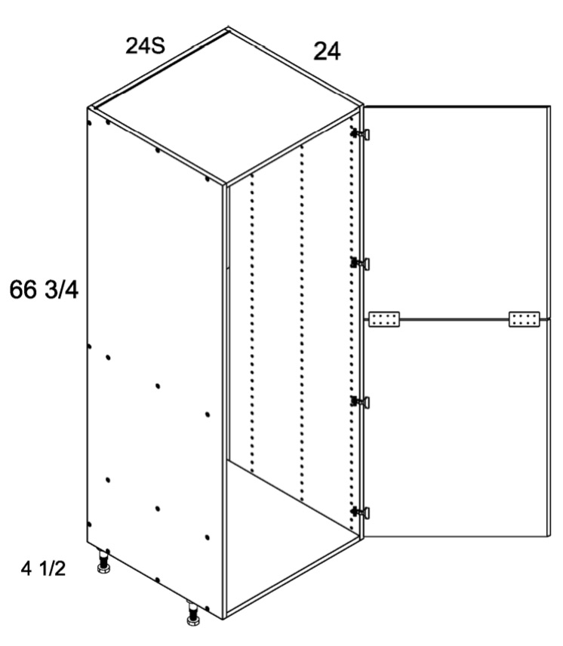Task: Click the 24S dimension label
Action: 146,46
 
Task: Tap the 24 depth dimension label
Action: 327,52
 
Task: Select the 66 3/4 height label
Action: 44,290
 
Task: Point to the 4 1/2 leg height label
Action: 43,569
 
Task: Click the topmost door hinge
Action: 360,134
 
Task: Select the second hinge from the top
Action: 360,263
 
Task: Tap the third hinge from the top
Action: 360,401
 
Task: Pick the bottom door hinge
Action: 360,512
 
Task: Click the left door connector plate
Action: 384,319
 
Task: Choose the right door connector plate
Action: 525,319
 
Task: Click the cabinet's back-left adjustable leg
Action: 103,562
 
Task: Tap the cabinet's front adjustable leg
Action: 192,614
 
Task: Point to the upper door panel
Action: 457,212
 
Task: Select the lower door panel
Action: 457,428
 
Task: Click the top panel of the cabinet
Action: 226,105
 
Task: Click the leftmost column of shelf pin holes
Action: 252,322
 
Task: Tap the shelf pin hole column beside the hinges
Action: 351,324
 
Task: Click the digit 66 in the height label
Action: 23,290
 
